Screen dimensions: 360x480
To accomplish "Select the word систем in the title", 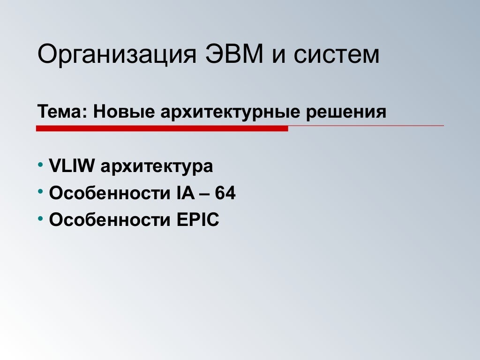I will coord(337,55).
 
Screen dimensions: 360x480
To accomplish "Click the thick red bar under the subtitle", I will coord(162,128).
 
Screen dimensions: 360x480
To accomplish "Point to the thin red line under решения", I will coord(366,126).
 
